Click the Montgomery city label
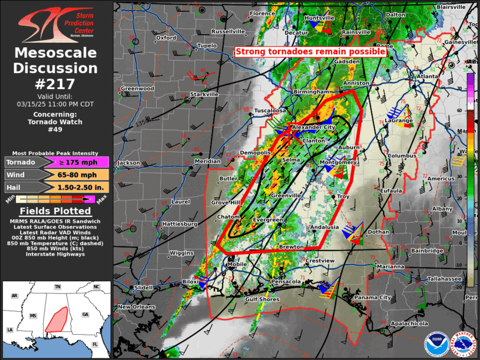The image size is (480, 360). (x=337, y=162)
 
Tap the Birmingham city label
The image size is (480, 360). (x=312, y=93)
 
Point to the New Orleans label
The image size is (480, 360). (x=136, y=307)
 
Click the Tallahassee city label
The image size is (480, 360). (x=443, y=279)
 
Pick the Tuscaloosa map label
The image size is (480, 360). (x=270, y=111)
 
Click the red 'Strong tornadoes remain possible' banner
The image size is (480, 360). (x=310, y=52)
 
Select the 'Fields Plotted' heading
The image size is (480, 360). (x=55, y=211)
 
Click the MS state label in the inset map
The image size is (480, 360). (x=33, y=316)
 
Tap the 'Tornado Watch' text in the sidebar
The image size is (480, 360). (x=55, y=122)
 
